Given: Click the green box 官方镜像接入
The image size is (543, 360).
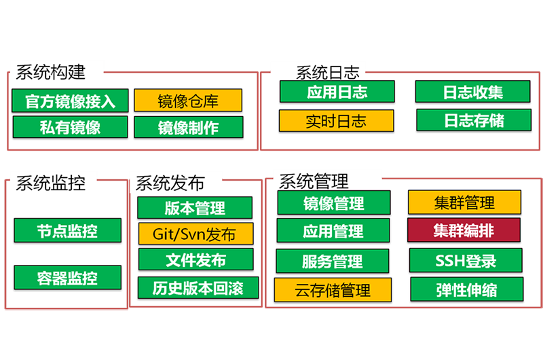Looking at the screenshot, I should (70, 101).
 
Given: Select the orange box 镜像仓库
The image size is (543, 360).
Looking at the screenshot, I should (187, 101).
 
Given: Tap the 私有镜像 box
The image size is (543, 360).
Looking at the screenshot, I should (70, 127).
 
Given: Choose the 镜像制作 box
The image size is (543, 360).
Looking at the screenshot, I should (187, 127).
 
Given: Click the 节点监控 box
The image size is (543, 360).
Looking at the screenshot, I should (67, 230).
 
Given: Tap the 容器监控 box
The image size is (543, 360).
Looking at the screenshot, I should (67, 277).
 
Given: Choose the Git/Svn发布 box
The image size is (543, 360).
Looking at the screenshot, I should (195, 234).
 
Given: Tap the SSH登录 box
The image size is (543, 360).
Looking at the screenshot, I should (466, 260).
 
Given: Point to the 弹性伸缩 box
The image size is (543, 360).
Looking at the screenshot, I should (466, 290).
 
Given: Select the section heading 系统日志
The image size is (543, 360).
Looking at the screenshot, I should (327, 73).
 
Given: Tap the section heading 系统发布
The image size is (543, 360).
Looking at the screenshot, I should (170, 183).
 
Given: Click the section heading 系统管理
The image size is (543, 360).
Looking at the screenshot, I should (314, 181).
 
